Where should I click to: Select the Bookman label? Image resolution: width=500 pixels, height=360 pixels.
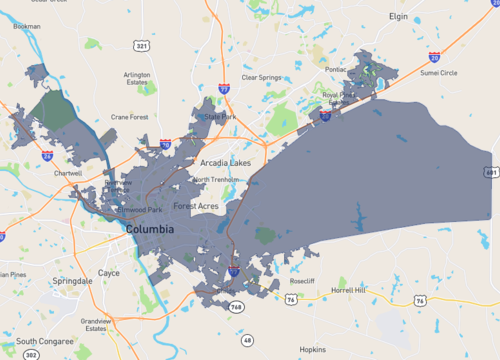click(x=27, y=27)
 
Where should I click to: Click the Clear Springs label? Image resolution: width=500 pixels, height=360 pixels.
click(x=262, y=77)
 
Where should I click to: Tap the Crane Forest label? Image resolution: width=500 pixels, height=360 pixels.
click(x=130, y=117)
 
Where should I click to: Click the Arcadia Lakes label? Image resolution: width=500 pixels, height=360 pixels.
click(x=226, y=162)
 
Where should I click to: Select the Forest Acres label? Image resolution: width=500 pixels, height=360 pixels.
click(x=196, y=206)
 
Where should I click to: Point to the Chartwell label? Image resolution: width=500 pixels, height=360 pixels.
click(x=68, y=173)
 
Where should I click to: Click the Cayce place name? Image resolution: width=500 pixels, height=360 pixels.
click(x=108, y=272)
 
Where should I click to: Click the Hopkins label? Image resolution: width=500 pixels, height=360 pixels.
click(x=313, y=350)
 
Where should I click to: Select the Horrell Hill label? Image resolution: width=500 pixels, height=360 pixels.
click(x=349, y=290)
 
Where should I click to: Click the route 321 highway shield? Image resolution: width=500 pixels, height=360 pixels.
click(x=142, y=46)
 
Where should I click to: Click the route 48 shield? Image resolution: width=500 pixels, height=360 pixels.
click(x=247, y=340)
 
